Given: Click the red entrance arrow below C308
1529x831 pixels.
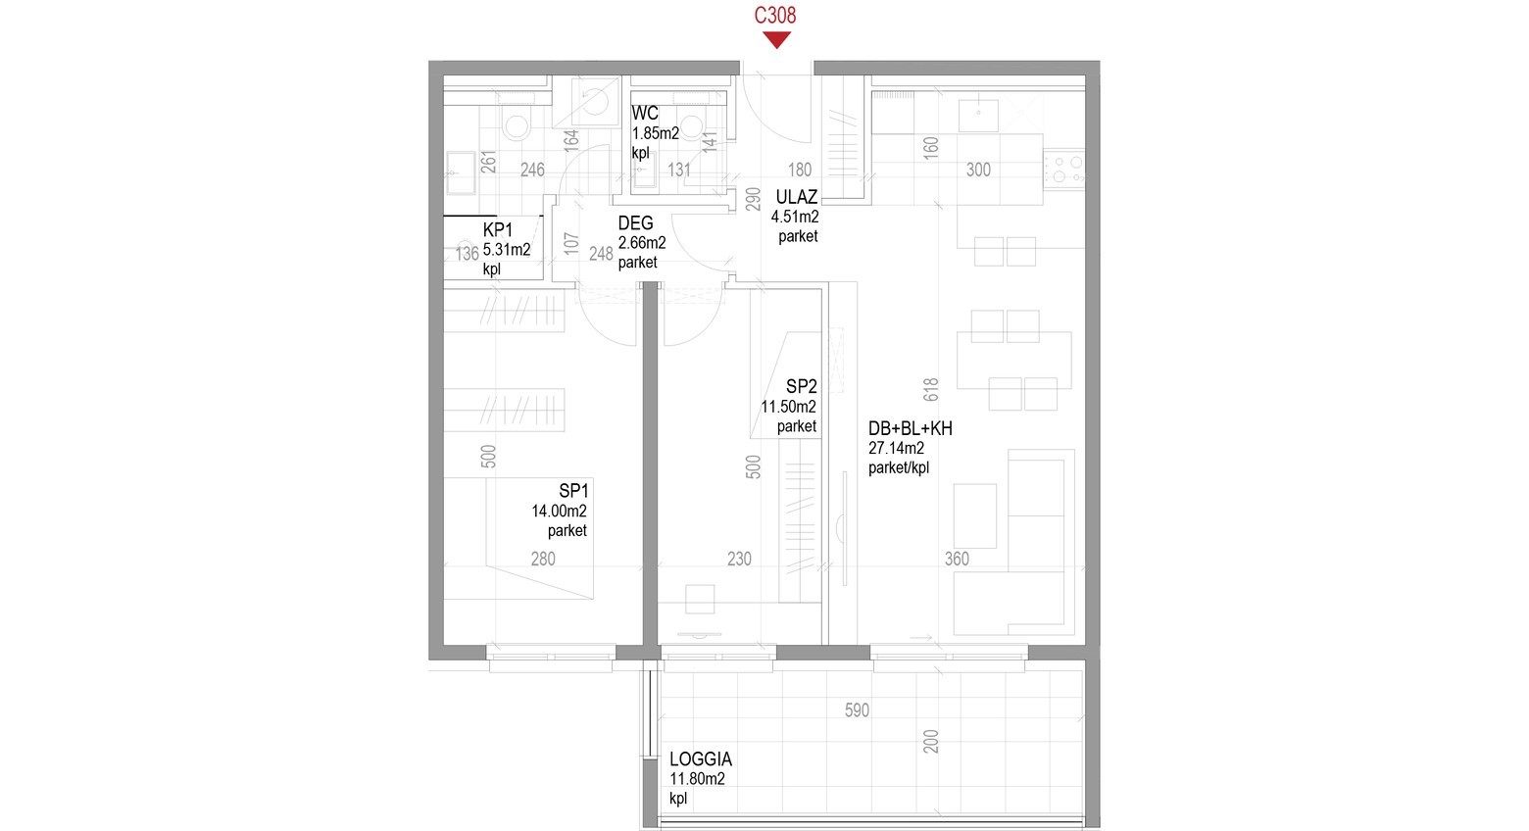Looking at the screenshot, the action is click(776, 39).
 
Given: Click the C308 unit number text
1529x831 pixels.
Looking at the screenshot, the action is click(774, 15).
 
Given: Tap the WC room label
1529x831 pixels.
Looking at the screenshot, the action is click(644, 114).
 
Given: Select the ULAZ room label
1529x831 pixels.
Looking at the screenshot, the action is click(797, 197).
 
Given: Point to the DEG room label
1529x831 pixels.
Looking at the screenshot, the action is click(635, 223).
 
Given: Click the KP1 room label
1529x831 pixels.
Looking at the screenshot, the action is click(498, 230).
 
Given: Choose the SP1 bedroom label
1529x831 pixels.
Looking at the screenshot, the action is click(573, 491).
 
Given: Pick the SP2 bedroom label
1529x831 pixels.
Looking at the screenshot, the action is click(802, 387).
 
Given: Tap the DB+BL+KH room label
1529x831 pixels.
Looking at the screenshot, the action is click(910, 428).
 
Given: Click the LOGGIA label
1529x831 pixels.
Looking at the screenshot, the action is click(701, 758).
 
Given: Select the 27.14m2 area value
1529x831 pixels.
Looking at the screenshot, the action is click(896, 448).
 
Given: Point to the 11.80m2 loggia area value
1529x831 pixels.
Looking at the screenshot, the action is click(697, 778).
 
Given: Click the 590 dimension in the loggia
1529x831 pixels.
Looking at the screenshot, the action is click(857, 710).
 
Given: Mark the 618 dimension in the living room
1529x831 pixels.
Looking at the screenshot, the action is click(930, 390).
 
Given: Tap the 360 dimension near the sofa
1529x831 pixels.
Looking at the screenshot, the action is click(957, 559).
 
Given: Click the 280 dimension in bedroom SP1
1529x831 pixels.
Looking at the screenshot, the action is click(543, 559).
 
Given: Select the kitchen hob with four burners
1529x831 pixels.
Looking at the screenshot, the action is click(1063, 169).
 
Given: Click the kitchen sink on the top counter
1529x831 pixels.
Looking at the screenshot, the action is click(978, 116).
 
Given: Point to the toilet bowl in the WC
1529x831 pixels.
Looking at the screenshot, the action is click(691, 126).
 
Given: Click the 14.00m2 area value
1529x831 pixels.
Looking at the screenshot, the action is click(559, 511).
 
